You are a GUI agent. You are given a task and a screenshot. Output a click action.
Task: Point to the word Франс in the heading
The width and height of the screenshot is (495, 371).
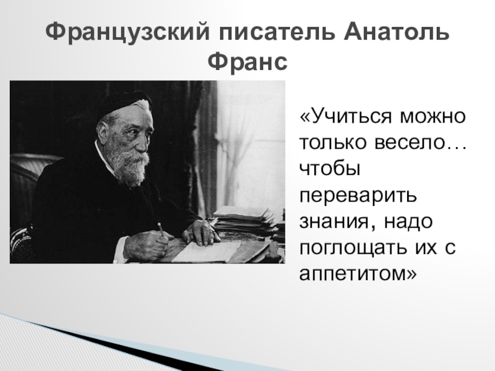(x=247, y=62)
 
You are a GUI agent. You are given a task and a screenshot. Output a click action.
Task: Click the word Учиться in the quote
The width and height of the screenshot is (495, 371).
(x=350, y=117)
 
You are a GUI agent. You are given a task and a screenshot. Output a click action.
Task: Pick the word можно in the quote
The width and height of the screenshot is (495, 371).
(x=433, y=116)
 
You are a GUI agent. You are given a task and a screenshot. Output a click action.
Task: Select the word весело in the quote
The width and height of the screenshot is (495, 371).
(x=410, y=143)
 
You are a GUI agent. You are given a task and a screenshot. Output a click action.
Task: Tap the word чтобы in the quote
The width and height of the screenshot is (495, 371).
(x=330, y=169)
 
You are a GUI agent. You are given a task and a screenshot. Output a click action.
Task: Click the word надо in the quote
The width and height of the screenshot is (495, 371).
(x=408, y=222)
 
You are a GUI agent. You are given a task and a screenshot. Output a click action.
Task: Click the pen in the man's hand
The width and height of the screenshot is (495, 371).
(x=161, y=229)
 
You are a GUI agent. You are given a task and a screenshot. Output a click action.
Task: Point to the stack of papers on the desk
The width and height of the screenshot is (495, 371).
(x=243, y=219)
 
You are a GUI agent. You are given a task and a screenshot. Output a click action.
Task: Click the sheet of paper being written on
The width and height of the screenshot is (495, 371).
(x=205, y=252)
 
